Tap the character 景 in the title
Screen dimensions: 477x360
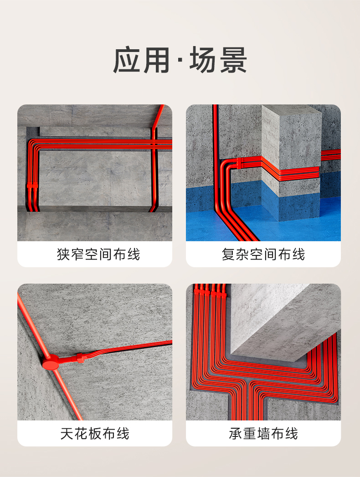[232, 60]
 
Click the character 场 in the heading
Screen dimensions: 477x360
[204, 60]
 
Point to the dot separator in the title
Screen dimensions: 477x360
[179, 61]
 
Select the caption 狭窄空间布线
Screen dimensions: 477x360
[95, 254]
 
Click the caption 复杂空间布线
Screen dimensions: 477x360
[263, 254]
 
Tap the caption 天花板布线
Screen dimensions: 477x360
[95, 433]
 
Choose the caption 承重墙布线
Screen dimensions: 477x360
[263, 433]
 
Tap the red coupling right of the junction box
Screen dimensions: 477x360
[81, 357]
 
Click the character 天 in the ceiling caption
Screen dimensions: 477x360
[67, 433]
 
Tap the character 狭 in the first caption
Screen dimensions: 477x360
[63, 254]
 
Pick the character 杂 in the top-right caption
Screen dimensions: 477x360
[243, 254]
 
